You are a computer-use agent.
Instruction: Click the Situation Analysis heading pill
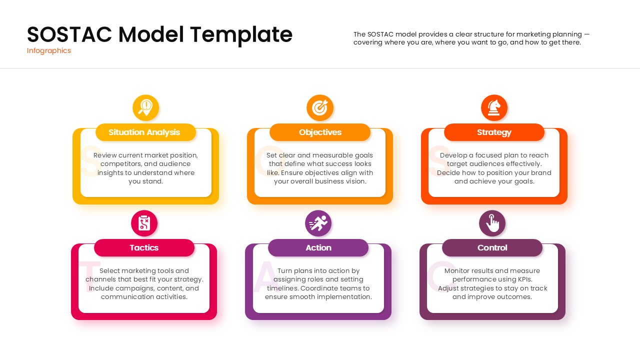click(145, 132)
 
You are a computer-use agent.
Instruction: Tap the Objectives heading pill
click(320, 132)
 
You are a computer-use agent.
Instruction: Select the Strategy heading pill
click(494, 132)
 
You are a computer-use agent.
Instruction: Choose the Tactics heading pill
click(144, 248)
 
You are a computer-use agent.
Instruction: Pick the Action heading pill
click(318, 248)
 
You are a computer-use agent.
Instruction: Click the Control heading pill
click(492, 248)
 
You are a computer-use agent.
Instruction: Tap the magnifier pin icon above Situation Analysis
click(145, 107)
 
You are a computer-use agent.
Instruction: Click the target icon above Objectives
click(320, 107)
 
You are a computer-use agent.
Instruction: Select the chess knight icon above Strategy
click(494, 107)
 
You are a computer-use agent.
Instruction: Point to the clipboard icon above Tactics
click(144, 223)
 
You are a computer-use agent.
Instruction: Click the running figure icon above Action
click(318, 223)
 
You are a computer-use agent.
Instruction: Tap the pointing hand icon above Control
click(492, 223)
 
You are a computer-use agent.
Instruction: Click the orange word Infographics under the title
click(49, 50)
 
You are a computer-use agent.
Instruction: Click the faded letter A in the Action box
click(265, 277)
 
